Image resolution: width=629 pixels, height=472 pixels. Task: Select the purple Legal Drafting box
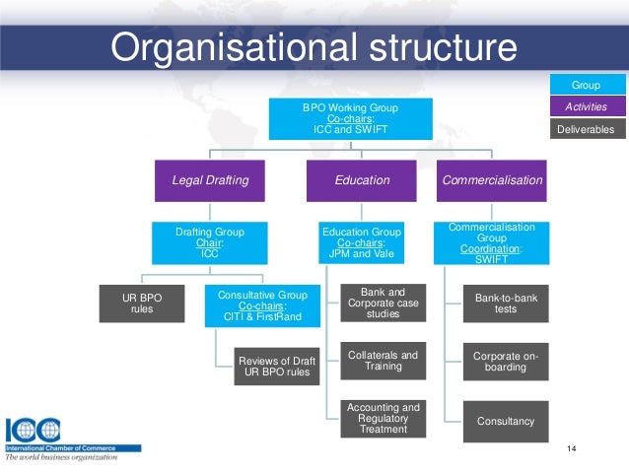210,181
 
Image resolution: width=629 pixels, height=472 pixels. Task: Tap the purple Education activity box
362,181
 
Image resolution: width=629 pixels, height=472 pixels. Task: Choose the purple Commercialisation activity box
492,181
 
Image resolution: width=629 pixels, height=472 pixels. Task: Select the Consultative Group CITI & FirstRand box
261,306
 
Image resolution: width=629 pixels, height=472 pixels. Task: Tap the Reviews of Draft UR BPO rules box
276,366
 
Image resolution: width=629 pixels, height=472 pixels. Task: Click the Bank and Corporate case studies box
384,304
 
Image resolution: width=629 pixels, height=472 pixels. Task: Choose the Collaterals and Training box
384,362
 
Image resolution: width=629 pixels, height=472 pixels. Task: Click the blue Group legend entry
586,86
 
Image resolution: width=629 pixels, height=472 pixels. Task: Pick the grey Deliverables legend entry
586,128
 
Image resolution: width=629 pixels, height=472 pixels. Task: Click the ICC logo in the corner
34,431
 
